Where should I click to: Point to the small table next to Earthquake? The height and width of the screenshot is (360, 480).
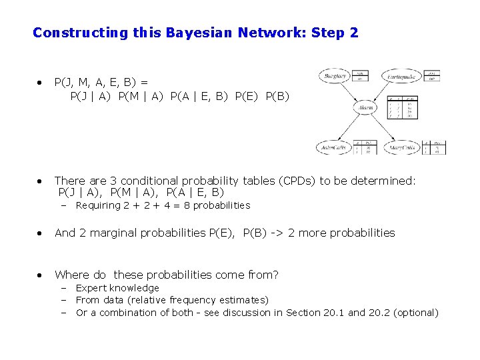point(432,75)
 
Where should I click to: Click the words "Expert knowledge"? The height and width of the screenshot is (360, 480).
point(117,288)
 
